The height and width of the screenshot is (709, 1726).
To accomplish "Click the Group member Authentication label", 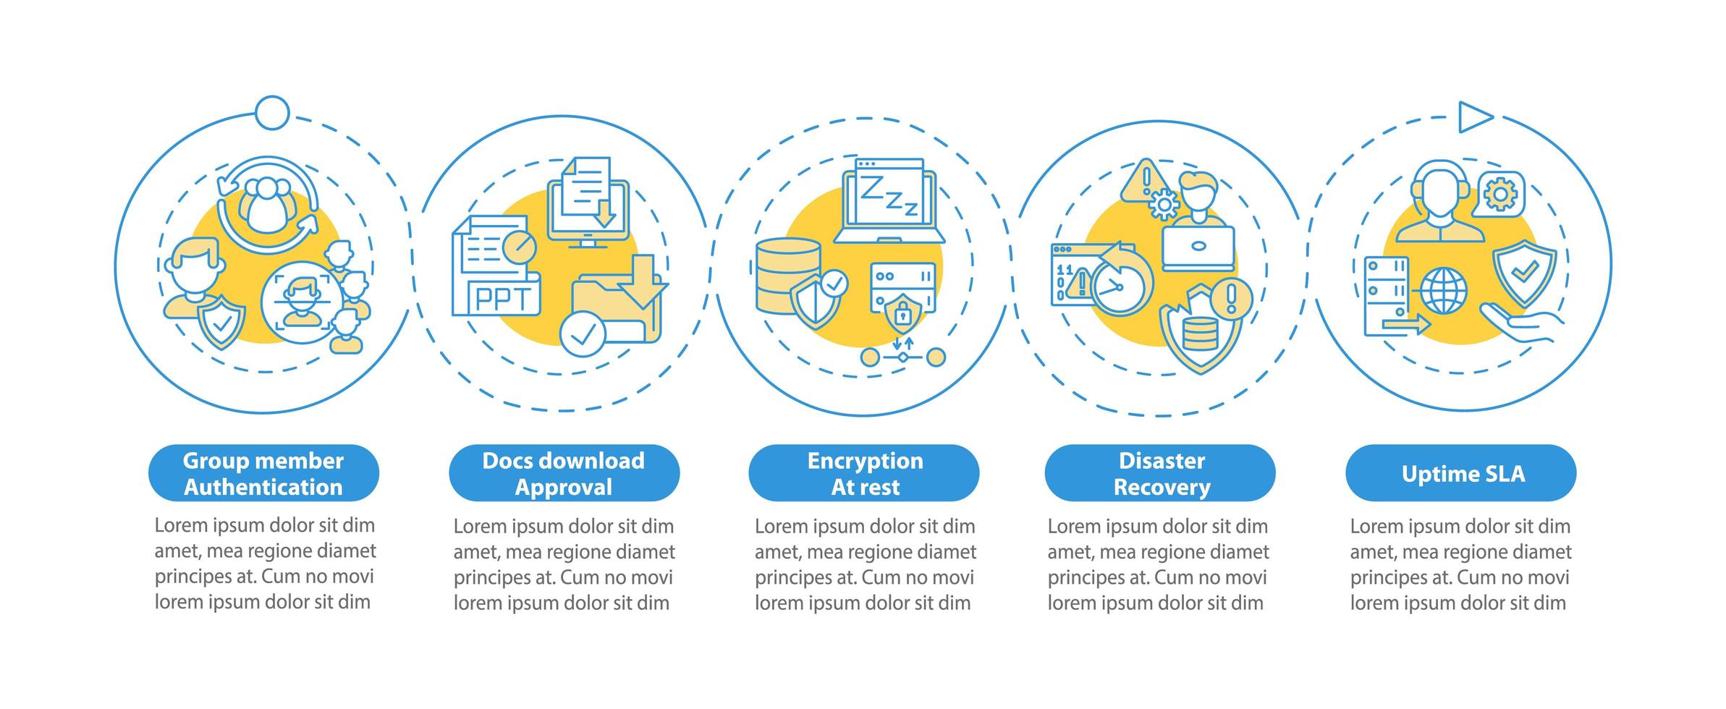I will click(x=263, y=473).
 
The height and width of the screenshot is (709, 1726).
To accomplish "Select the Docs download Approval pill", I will click(x=564, y=473).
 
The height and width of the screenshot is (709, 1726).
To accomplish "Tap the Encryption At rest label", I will click(x=864, y=473).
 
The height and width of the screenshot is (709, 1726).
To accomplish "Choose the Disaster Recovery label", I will click(x=1160, y=473).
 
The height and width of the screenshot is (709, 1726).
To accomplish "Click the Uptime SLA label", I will click(x=1461, y=473).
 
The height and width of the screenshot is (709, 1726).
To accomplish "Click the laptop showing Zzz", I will click(x=889, y=203).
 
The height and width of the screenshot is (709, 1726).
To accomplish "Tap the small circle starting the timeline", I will click(x=273, y=113).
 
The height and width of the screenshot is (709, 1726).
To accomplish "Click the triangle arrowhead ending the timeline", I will click(x=1473, y=117).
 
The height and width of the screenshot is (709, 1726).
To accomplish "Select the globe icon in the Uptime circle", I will click(x=1444, y=291).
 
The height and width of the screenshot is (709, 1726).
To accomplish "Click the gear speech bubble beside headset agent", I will click(x=1499, y=194).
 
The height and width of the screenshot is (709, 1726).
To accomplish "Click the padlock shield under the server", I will click(x=902, y=313).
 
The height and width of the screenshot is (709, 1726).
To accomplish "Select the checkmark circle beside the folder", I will click(x=583, y=334).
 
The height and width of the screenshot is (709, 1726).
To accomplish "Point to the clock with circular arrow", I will click(x=1119, y=284).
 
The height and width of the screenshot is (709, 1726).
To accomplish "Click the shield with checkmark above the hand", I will click(x=1524, y=272).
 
